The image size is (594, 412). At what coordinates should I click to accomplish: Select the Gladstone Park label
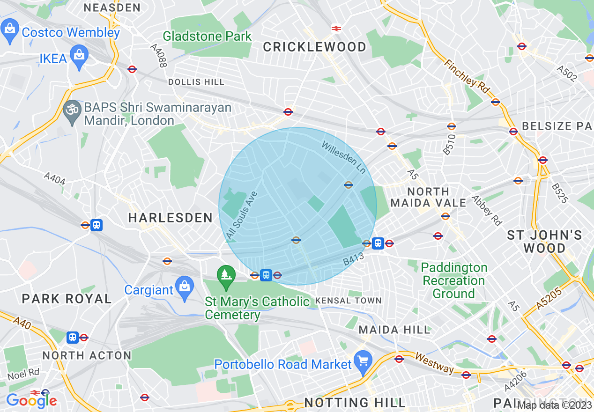pos(207,36)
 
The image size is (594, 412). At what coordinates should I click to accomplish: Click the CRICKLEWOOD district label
pos(314,47)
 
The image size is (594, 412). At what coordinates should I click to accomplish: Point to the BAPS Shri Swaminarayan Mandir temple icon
pos(72,110)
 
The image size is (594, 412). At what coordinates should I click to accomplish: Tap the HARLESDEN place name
pos(171,218)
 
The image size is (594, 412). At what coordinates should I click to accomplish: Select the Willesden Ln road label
pos(343,158)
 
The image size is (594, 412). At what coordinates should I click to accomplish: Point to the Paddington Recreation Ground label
pos(453,280)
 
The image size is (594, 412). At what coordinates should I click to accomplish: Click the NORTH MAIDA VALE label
pos(428,197)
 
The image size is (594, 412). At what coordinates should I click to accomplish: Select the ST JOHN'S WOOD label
pos(544,241)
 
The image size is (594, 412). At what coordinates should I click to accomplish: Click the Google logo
pos(31,400)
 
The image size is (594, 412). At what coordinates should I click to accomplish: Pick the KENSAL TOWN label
pos(349,300)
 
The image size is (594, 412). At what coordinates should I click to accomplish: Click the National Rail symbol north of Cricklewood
pos(336,28)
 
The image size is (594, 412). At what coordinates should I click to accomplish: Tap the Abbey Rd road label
pos(487,211)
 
